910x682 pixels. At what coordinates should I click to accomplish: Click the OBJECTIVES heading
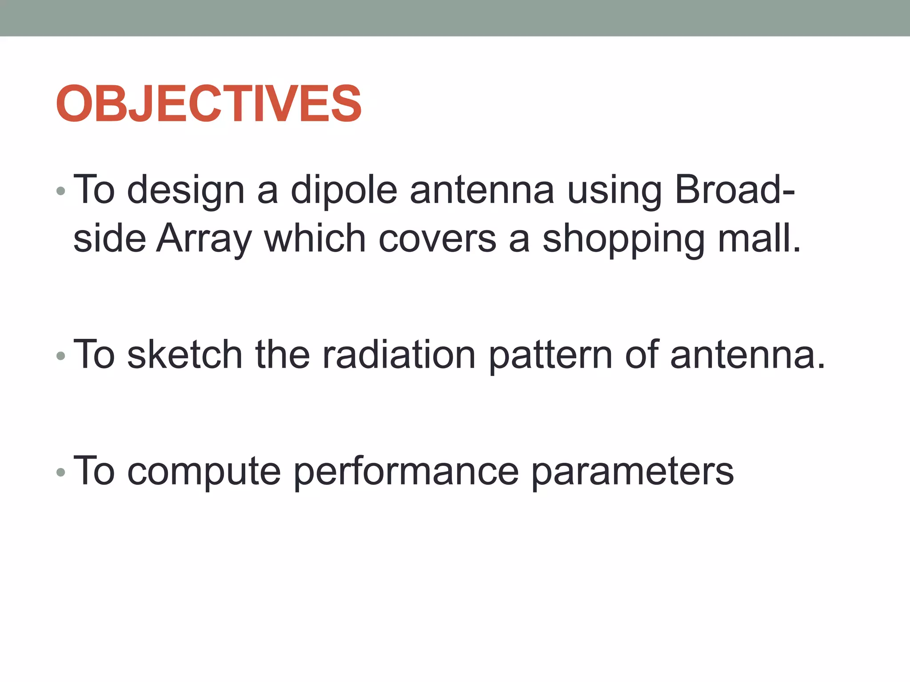pos(209,104)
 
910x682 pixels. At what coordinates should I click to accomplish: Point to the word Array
pos(204,239)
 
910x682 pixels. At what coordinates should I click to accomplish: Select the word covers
pos(437,239)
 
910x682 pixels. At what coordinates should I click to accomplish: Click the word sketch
pos(184,354)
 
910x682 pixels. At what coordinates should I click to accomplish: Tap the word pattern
pos(551,354)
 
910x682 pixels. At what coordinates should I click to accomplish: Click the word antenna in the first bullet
pos(482,190)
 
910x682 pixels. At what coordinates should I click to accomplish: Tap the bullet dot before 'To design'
pos(61,192)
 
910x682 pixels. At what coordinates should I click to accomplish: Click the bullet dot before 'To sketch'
pos(61,356)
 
